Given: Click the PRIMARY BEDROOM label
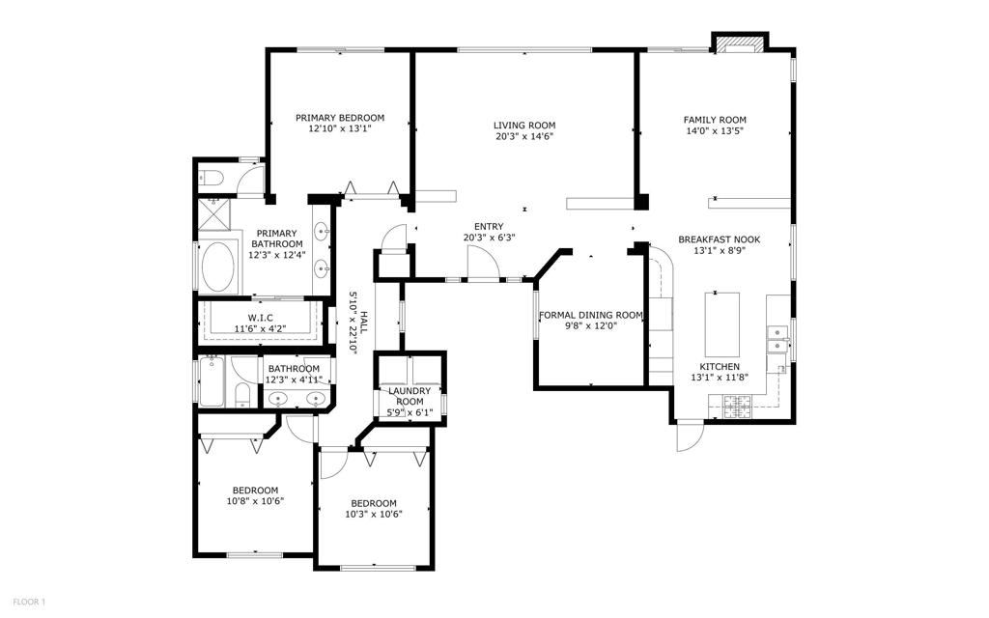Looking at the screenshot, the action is point(340,118).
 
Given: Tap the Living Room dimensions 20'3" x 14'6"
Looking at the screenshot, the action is point(524,136).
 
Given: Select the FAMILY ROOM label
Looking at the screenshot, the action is point(715,120).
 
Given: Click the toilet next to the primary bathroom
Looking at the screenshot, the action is point(209,178).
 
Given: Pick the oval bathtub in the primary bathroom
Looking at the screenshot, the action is point(218,267).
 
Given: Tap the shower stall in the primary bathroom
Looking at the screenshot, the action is point(214,215).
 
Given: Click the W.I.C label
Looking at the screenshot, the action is point(260,318).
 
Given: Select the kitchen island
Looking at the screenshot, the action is point(722,324).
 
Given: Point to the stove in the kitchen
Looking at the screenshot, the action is point(737,407).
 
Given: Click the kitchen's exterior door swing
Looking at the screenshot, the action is point(690,436).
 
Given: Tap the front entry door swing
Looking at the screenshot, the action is point(484,262).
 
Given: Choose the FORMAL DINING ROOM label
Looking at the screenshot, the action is point(591,316).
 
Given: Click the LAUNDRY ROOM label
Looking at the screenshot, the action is point(410,397).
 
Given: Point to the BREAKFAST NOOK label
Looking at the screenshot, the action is point(719,239).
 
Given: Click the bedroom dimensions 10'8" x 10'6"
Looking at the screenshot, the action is point(255,501).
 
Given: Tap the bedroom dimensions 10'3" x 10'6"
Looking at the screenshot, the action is point(374,514).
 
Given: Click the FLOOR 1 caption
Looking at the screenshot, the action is point(29,603).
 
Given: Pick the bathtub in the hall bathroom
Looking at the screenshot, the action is point(212,382).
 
